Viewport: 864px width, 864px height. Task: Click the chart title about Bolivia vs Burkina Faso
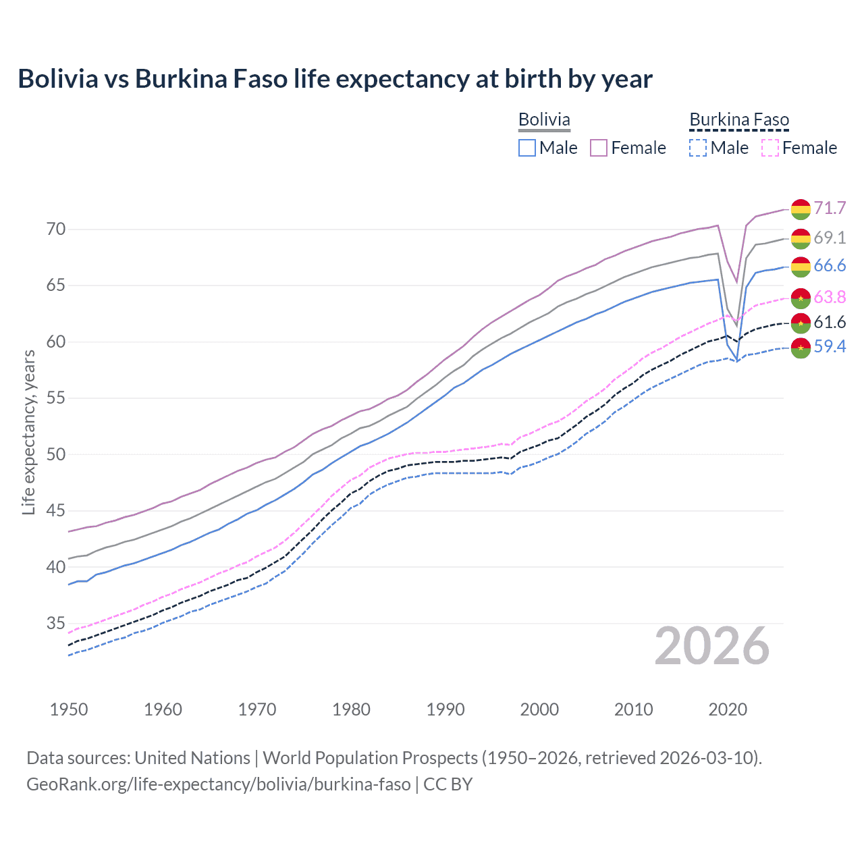pos(335,79)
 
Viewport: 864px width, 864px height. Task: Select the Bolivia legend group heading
pos(544,120)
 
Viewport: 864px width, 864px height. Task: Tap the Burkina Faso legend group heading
pos(739,120)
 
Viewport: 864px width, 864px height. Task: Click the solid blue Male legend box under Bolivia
pos(527,148)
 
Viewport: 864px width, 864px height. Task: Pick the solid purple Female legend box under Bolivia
pos(599,148)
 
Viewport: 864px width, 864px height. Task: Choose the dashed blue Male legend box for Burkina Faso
pos(698,148)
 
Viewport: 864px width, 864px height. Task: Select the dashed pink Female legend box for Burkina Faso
pos(770,148)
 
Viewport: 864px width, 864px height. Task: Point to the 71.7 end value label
pos(830,208)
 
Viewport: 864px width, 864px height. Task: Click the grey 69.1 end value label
pos(830,238)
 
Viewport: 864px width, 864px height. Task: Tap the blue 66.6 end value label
pos(830,266)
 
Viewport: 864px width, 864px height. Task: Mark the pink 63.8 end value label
pos(830,297)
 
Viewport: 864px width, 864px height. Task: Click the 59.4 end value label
pos(830,347)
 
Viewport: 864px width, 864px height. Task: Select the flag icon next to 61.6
pos(801,323)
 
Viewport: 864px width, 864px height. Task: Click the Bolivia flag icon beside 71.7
pos(801,209)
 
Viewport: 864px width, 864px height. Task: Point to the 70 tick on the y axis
pos(56,230)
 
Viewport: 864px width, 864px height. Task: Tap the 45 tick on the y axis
pos(56,511)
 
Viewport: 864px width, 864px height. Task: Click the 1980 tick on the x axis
pos(351,709)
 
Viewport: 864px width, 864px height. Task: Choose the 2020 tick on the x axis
pos(728,709)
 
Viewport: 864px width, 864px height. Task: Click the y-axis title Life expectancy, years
pos(28,432)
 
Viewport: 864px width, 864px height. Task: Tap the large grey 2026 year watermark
pos(712,647)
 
